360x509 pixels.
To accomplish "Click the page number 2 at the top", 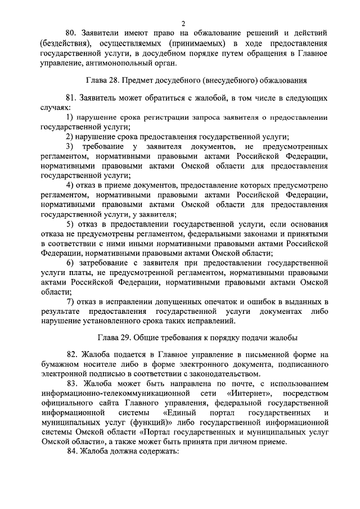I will pos(183,23).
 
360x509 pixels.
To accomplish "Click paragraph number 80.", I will pos(72,32).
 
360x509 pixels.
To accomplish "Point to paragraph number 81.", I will pos(72,96).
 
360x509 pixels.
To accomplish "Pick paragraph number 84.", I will pos(72,452).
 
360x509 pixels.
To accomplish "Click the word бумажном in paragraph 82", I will pos(62,364).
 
